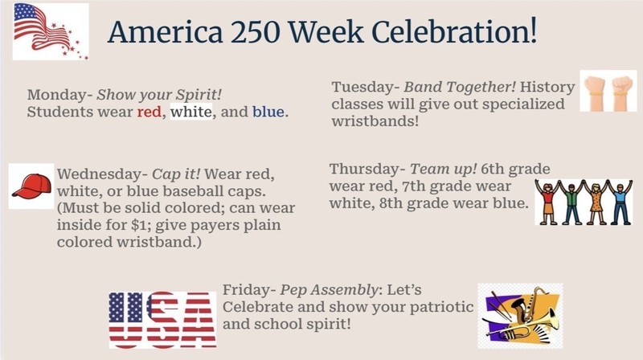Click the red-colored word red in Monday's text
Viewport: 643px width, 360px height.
149,112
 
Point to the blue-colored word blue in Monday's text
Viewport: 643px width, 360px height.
268,112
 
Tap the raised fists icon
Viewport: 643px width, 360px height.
608,91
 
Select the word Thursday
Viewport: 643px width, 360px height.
366,169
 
